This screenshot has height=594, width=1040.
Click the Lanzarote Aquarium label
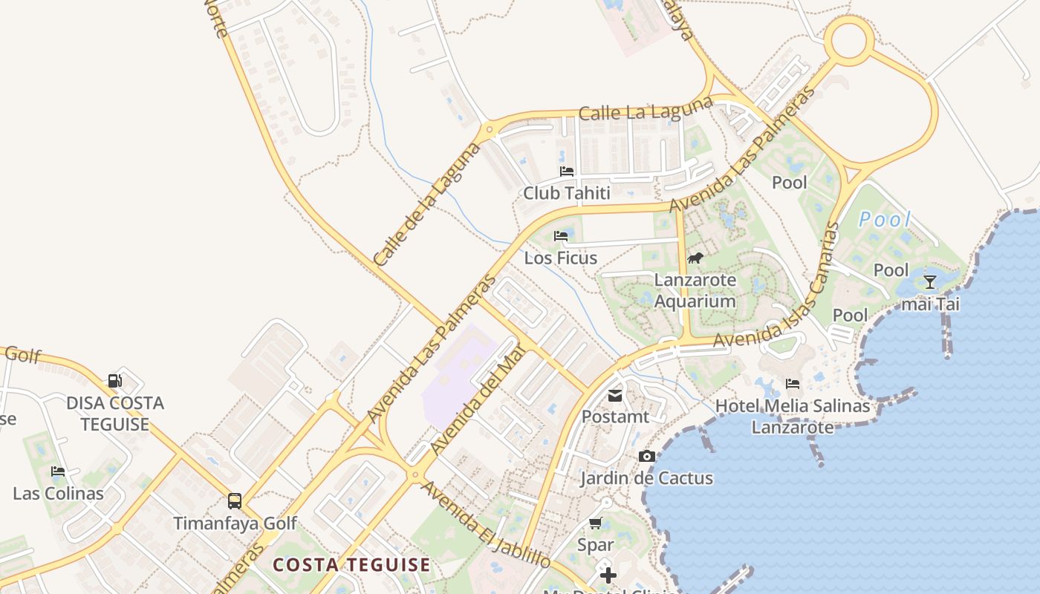click(695, 291)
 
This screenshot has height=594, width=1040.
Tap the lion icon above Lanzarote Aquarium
click(695, 258)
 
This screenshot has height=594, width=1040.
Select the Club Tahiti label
click(567, 194)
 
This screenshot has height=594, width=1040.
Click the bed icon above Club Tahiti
click(567, 172)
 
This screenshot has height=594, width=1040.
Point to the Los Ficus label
click(561, 258)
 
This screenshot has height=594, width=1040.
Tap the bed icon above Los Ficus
click(561, 236)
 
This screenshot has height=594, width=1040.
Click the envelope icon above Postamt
click(615, 396)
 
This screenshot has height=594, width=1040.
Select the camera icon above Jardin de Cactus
click(647, 456)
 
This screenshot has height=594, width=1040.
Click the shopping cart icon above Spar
click(595, 523)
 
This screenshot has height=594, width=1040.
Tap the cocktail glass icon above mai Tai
click(929, 281)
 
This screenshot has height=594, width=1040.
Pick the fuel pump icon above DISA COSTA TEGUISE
click(115, 381)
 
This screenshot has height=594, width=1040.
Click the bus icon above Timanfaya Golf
click(235, 500)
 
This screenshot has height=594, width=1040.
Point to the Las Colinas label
click(58, 494)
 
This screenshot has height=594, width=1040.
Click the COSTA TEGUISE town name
click(351, 565)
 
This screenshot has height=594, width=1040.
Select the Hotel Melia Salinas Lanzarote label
click(792, 417)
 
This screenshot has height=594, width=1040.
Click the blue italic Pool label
click(884, 220)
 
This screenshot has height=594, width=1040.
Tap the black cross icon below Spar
click(608, 575)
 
